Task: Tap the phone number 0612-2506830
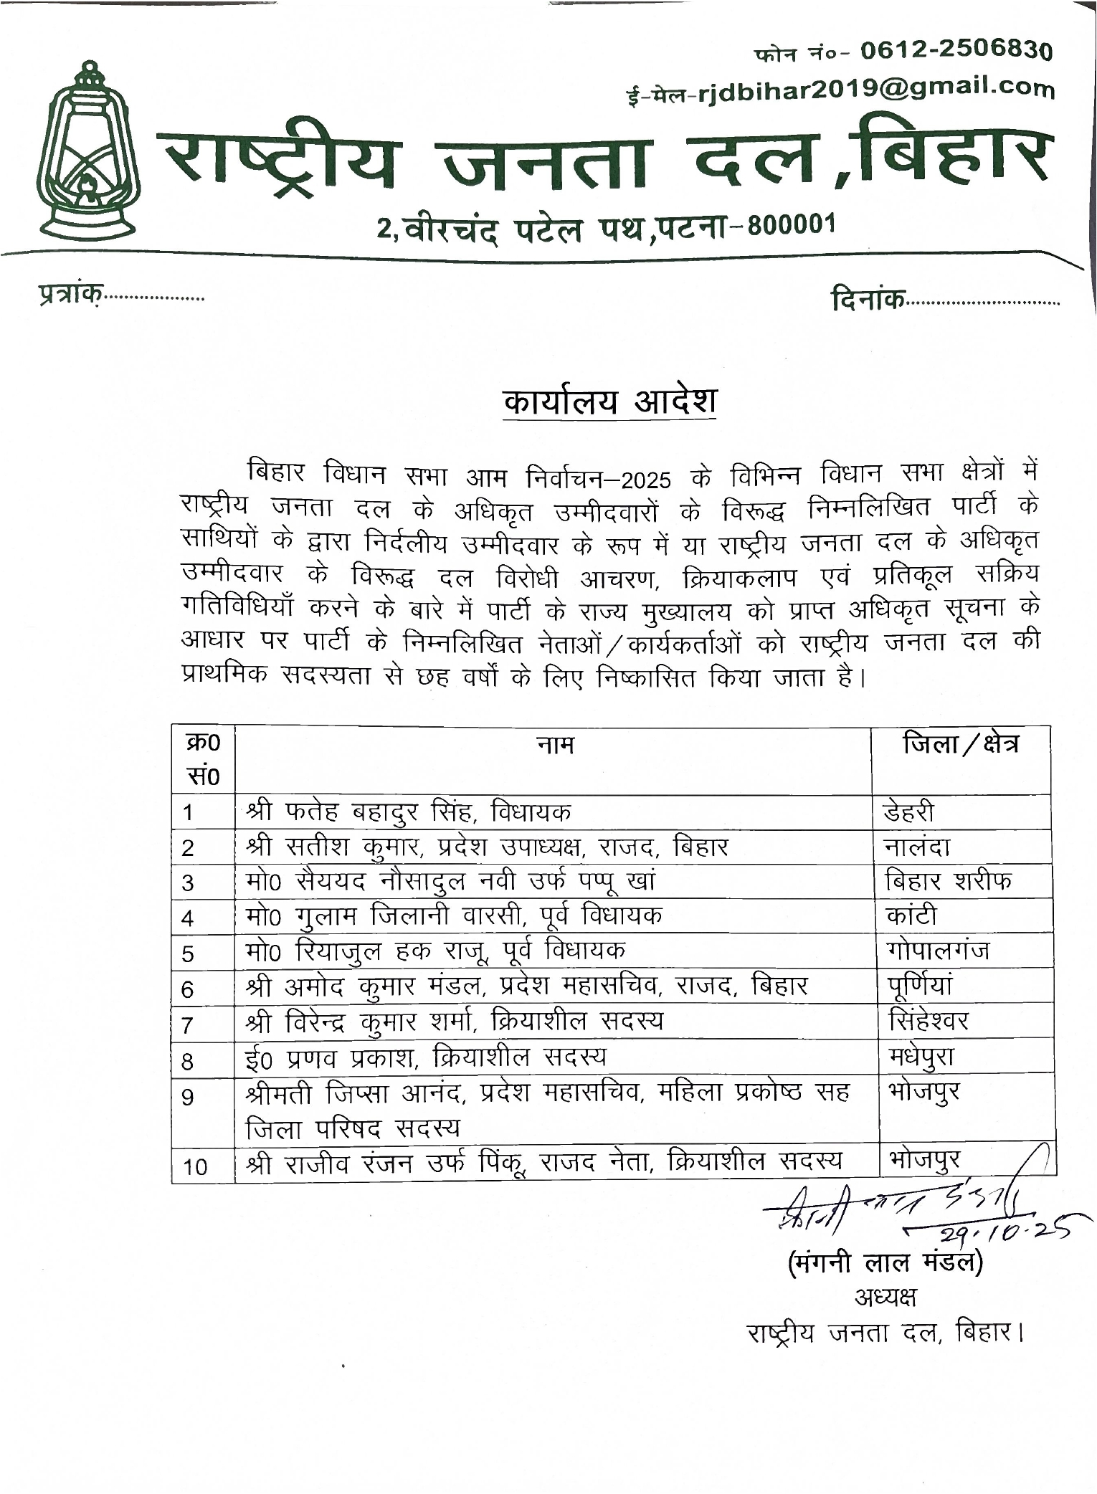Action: click(956, 51)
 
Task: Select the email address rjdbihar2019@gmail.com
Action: click(875, 89)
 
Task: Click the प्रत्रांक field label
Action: click(69, 294)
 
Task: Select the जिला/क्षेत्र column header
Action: click(961, 744)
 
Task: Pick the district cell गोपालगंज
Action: click(937, 951)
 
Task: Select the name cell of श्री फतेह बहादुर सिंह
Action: click(409, 812)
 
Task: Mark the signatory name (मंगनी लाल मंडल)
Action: click(885, 1262)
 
